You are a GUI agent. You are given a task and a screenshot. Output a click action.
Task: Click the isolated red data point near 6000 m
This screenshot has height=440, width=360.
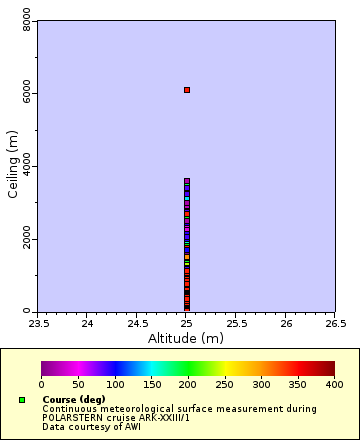[187, 90]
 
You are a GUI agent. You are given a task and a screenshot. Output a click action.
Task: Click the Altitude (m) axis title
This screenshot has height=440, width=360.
[186, 339]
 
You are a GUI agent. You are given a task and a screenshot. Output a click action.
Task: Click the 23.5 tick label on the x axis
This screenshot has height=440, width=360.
[38, 323]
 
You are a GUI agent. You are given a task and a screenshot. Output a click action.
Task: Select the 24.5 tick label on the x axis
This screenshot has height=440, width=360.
[137, 323]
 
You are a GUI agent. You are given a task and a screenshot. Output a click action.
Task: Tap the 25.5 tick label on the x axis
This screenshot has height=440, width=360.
[236, 323]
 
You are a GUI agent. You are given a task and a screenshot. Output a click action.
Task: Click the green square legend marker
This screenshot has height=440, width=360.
[21, 400]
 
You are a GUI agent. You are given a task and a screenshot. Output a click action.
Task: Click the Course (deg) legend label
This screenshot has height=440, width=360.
[73, 400]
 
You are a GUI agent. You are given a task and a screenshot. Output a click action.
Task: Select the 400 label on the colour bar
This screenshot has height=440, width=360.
[334, 384]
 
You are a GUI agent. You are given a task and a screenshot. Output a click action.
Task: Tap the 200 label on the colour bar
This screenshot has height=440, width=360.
[188, 384]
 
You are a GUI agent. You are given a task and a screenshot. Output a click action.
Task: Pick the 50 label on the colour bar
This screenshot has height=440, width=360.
[78, 384]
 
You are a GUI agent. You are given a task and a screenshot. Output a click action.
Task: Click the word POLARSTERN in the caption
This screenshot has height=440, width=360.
[71, 417]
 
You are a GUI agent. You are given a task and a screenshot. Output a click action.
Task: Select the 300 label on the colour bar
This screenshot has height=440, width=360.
[261, 384]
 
